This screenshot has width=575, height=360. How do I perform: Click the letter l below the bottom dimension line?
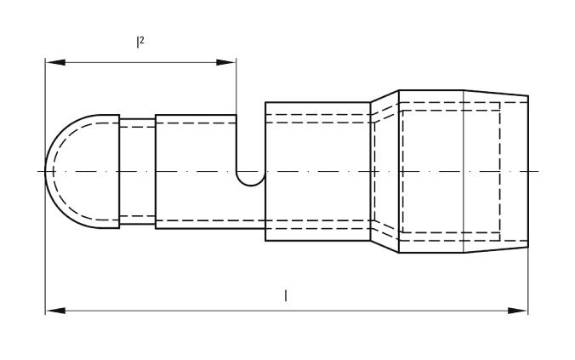286,295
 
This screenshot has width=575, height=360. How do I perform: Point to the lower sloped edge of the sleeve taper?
384,247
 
